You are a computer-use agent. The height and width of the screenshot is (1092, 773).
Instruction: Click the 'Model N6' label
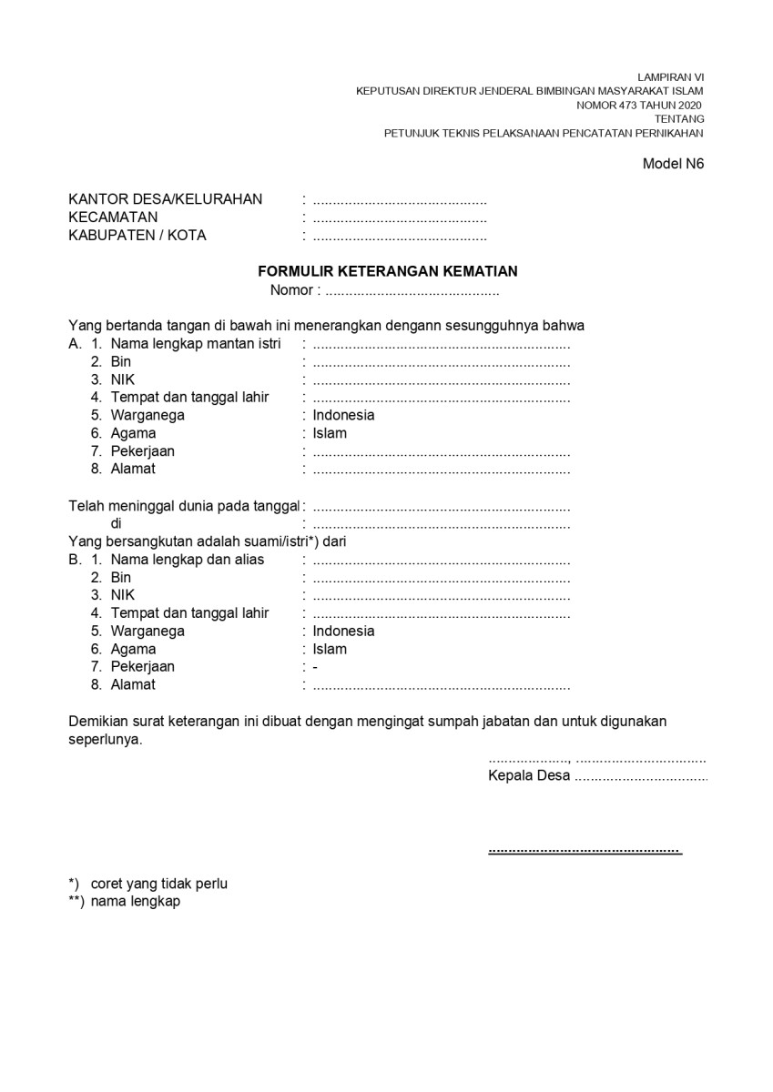673,164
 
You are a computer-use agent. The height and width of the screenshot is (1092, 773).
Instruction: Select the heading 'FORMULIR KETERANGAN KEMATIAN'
388,271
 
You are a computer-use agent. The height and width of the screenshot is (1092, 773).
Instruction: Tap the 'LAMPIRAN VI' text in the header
671,77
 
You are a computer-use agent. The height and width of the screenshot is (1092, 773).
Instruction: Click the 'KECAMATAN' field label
113,217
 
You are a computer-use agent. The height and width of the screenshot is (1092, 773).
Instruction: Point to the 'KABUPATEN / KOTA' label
137,236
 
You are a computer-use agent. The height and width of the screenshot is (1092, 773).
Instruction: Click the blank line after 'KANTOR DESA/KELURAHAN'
400,200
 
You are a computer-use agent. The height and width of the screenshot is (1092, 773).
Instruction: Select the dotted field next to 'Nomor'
412,291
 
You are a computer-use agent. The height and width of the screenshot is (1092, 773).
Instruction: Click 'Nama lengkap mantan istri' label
196,344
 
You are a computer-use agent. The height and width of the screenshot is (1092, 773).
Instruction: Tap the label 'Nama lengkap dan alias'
188,560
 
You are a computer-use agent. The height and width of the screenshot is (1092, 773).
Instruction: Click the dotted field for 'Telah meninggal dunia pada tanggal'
442,506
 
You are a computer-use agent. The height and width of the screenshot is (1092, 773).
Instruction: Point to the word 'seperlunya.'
106,740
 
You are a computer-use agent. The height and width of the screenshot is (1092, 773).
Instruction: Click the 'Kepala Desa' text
529,776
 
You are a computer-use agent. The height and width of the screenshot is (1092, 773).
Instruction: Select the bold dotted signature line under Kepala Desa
585,850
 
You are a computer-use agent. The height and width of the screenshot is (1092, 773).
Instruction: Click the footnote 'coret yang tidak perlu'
159,884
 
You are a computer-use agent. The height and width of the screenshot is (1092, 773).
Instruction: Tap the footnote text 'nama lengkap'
136,902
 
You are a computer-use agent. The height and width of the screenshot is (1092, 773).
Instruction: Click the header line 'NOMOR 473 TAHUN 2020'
639,105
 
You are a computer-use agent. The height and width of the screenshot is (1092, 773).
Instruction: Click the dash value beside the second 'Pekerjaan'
315,667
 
